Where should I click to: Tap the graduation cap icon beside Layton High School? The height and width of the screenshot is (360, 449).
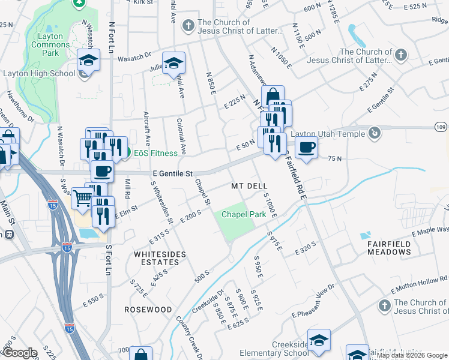pos(88,61)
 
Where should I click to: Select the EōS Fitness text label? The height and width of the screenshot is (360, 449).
pos(155,153)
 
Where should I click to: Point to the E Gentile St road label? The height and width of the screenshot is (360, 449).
pos(172,174)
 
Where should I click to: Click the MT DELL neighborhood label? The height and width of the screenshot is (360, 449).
pos(249,187)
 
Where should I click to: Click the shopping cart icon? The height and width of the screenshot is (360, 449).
pos(82,197)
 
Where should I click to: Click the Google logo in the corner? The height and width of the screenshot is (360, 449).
pos(20,353)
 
